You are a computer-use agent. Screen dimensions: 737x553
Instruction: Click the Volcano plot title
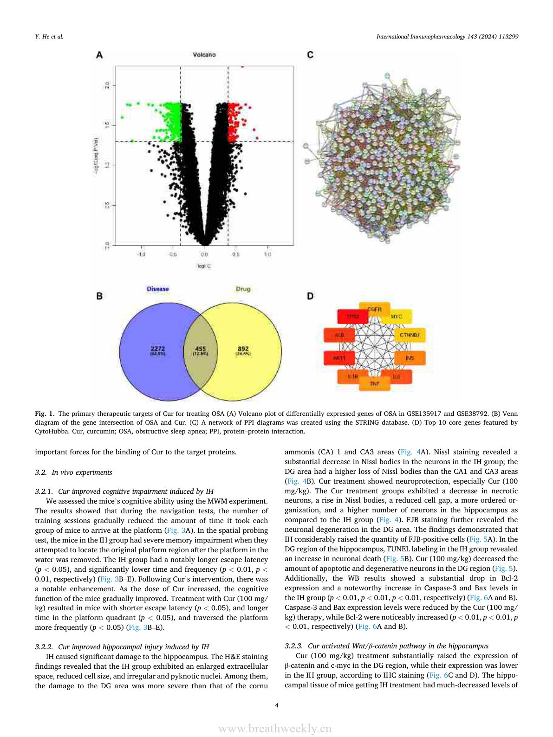point(204,55)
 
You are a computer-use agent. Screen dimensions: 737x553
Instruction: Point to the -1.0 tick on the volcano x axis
point(142,254)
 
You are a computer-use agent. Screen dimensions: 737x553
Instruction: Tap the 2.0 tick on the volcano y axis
point(107,85)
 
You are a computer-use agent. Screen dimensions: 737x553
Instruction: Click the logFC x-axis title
point(204,266)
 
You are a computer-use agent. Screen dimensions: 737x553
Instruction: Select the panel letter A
point(99,55)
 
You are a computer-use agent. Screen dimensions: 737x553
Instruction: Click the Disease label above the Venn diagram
point(158,289)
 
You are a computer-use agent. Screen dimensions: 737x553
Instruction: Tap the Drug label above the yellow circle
point(243,289)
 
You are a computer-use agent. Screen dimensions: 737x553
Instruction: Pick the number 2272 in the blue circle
point(158,349)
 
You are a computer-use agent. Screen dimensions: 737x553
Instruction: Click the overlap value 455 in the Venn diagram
point(201,349)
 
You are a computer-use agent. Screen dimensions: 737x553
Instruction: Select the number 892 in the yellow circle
point(243,349)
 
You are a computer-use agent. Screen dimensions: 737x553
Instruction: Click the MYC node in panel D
point(396,317)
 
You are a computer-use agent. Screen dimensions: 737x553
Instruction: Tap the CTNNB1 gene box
point(410,335)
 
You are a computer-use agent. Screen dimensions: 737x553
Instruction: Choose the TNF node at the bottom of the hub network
point(375,384)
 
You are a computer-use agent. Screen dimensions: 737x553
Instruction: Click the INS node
point(410,358)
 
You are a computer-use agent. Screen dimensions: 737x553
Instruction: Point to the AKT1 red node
point(339,358)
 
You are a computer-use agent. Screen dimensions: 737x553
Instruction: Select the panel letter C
point(310,55)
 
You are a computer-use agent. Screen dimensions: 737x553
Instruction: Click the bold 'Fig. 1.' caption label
point(45,414)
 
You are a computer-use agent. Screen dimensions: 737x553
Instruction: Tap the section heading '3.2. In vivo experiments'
point(73,472)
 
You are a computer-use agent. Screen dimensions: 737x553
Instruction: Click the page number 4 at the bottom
point(277,705)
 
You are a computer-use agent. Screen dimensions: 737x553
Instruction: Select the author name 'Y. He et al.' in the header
point(49,37)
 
